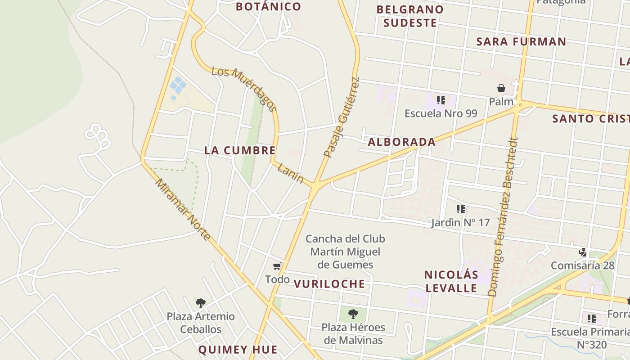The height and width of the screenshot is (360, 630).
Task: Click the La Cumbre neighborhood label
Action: [239, 150]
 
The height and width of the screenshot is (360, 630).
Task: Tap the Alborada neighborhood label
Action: [401, 142]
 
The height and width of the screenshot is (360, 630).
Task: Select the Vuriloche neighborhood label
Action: [329, 284]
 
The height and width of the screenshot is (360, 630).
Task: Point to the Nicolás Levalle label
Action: [451, 281]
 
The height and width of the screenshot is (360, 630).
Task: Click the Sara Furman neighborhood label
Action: [521, 42]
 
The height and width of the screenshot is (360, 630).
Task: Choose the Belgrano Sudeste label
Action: [409, 16]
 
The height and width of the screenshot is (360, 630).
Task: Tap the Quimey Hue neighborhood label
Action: [238, 350]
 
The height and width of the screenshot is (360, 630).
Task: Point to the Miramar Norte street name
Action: [183, 209]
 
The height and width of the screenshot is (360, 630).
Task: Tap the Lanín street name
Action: [290, 173]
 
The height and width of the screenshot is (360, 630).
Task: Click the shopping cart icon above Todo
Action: [277, 266]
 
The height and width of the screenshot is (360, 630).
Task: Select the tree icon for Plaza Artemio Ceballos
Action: [201, 303]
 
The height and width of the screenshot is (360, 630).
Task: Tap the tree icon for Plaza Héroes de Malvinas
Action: [353, 314]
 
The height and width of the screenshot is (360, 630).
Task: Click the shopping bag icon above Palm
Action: [501, 88]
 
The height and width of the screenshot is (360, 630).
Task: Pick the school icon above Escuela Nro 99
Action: [441, 100]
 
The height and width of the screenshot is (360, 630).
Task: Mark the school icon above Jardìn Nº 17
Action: [460, 209]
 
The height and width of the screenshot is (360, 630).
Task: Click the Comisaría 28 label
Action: [582, 265]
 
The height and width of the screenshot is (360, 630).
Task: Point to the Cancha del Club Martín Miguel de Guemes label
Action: [345, 252]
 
